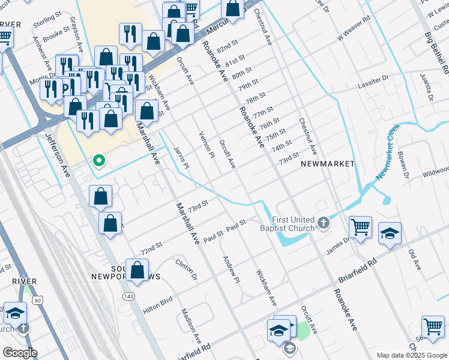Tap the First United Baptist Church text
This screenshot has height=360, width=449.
(x=293, y=224)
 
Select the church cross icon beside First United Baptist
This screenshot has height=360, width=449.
(x=324, y=224)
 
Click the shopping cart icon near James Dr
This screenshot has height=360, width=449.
(x=360, y=228)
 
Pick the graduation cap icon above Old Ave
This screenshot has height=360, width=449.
(x=390, y=234)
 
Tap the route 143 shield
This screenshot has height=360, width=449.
(x=128, y=296)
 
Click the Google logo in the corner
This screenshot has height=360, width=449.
(x=20, y=353)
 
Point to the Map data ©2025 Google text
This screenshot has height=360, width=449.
(x=411, y=355)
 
